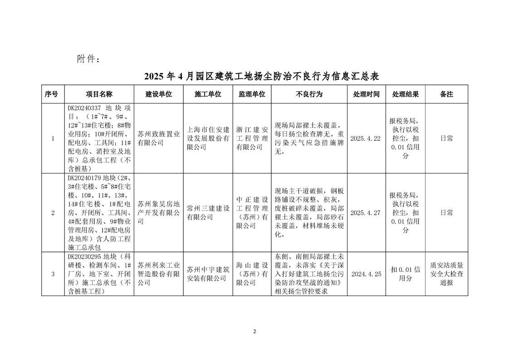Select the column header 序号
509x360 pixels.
click(53, 94)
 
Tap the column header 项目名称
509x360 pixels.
click(99, 94)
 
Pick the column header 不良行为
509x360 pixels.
click(309, 94)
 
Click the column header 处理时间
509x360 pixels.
click(367, 94)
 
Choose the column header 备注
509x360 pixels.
click(446, 94)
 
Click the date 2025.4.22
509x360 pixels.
click(366, 138)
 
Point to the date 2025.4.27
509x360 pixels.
click(366, 212)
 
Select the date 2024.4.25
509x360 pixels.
click(366, 274)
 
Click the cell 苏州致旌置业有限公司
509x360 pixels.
click(158, 138)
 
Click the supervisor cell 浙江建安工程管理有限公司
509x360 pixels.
click(253, 138)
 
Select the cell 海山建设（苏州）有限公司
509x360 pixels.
click(253, 274)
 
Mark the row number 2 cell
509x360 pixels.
click(53, 212)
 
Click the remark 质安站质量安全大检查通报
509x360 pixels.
click(446, 274)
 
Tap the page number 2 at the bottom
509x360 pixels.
click(254, 331)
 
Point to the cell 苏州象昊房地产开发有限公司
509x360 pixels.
click(158, 212)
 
